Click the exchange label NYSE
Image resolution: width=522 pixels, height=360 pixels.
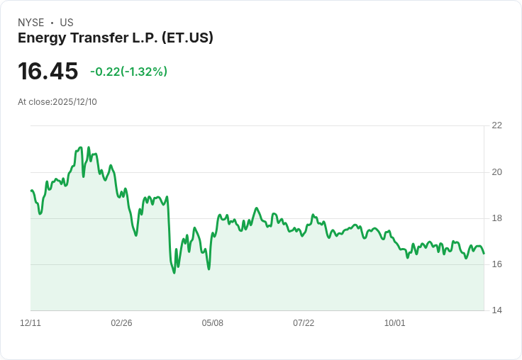pyautogui.click(x=31, y=23)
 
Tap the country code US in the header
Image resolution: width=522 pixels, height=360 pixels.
pyautogui.click(x=67, y=23)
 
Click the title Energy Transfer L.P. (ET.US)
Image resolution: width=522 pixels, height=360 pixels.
pyautogui.click(x=116, y=38)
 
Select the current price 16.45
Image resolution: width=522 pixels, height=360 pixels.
pyautogui.click(x=48, y=71)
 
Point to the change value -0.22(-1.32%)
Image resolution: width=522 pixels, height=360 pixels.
pyautogui.click(x=128, y=72)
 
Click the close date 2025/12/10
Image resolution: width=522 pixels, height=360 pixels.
pyautogui.click(x=74, y=102)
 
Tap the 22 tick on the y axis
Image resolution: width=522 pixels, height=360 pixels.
pyautogui.click(x=496, y=125)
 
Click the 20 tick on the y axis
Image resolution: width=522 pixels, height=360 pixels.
pyautogui.click(x=496, y=172)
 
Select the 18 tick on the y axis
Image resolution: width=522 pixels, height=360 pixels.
pyautogui.click(x=496, y=218)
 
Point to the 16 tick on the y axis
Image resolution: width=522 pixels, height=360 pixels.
pyautogui.click(x=496, y=264)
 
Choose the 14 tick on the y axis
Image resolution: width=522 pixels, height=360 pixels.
pyautogui.click(x=496, y=310)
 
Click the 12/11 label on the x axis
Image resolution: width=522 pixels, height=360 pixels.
pyautogui.click(x=30, y=323)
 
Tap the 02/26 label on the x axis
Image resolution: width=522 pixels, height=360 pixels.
pyautogui.click(x=121, y=323)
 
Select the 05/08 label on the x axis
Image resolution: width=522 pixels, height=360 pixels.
pyautogui.click(x=212, y=323)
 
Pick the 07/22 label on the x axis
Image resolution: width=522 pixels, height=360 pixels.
pyautogui.click(x=304, y=323)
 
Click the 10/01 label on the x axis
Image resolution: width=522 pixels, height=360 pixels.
pyautogui.click(x=394, y=323)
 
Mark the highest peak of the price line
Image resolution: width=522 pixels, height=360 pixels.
pyautogui.click(x=80, y=147)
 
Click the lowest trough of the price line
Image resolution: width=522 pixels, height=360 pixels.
pyautogui.click(x=174, y=273)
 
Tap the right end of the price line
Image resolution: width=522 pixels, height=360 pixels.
pyautogui.click(x=484, y=253)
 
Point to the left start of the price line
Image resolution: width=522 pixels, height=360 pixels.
pyautogui.click(x=31, y=191)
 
